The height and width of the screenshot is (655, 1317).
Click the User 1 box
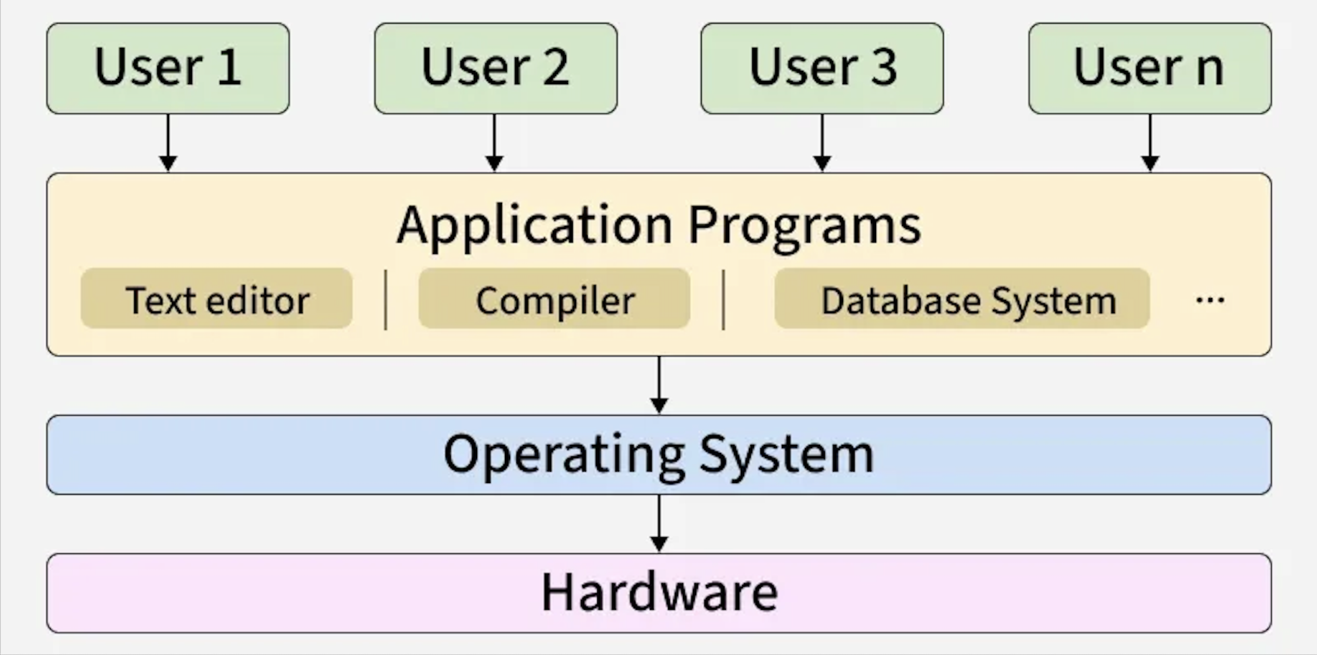168,68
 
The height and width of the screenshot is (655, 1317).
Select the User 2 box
495,68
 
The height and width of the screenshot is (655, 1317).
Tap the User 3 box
822,68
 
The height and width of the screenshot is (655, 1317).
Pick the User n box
1149,68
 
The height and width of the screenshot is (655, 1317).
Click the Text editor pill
216,299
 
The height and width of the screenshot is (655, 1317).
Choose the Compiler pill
554,299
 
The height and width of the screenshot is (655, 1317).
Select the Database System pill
962,299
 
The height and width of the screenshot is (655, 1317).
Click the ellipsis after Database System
1210,300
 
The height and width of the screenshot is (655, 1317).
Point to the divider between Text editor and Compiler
386,300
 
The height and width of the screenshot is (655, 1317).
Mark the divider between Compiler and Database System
723,300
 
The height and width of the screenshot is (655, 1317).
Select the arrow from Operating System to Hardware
659,524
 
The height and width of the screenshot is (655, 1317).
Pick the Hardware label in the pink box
659,593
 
